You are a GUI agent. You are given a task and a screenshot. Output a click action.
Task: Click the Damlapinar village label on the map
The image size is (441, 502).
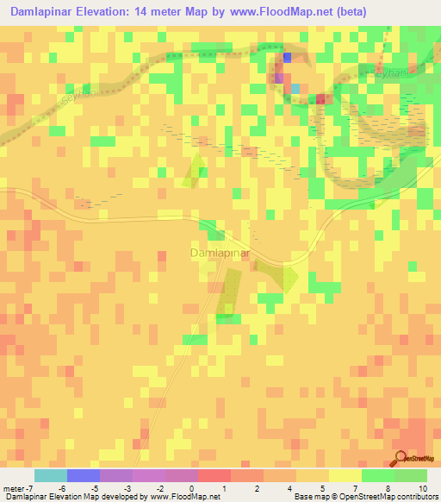219,254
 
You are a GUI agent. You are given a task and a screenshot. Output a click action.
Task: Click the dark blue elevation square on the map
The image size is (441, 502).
287,58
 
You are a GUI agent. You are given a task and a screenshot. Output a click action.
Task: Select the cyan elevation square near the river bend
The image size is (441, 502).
295,88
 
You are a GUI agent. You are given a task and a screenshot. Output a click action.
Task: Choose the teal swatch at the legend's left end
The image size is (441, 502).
51,475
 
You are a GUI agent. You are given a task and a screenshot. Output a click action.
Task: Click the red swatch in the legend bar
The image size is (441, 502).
214,475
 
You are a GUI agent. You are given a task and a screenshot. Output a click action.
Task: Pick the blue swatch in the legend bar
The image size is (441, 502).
84,475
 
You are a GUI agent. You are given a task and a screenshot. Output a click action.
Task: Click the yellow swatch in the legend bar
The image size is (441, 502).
345,475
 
